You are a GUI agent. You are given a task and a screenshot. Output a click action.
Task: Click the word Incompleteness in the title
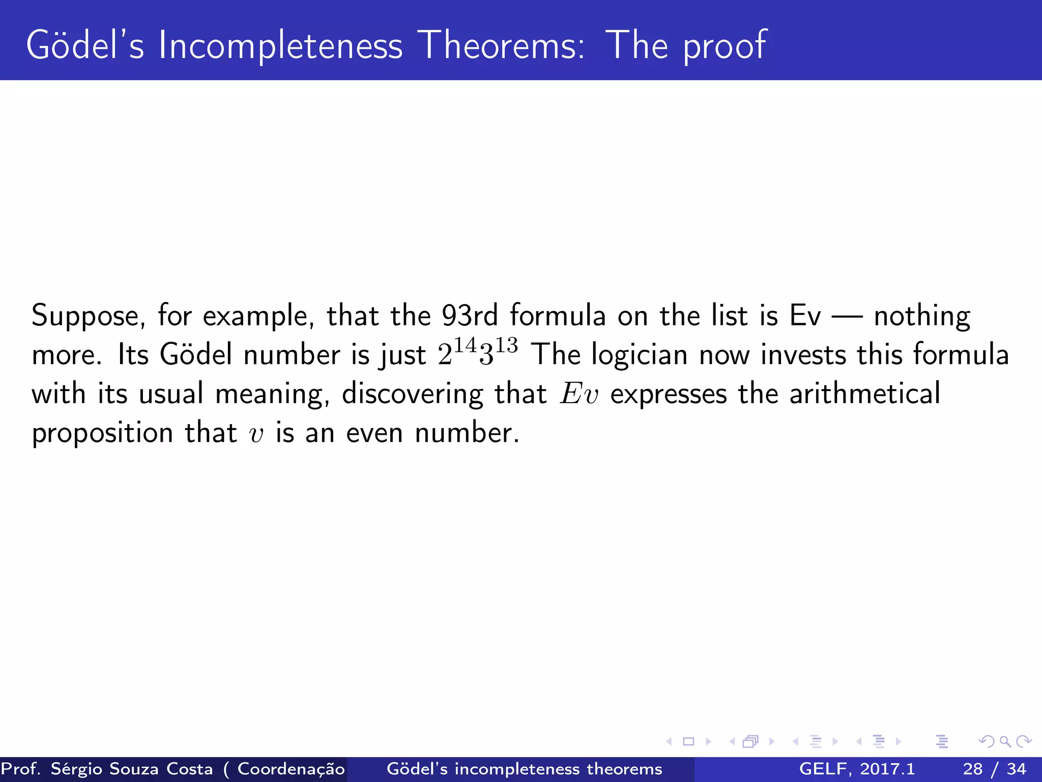pos(280,46)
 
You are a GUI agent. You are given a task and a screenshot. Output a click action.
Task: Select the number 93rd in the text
pos(470,316)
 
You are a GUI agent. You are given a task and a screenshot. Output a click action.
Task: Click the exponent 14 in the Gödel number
pos(465,346)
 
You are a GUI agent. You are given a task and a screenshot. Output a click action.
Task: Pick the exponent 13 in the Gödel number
pos(507,346)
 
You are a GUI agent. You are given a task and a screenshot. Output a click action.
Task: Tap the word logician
pos(639,355)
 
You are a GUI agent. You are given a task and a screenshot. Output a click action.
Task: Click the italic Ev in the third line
pos(579,394)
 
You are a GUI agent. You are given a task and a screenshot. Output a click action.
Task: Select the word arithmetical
pos(864,394)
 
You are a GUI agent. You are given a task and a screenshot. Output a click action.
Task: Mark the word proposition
pos(102,434)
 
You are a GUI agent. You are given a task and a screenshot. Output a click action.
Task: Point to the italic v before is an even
pos(256,435)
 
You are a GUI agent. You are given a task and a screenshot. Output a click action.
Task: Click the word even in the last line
pos(374,434)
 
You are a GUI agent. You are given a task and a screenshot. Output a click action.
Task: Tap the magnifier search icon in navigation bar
pos(1004,741)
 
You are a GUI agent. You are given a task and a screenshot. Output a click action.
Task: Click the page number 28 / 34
pos(994,769)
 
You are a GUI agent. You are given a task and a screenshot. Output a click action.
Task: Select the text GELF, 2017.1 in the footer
pos(857,769)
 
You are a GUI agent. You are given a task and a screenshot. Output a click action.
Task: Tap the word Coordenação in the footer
pos(291,769)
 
